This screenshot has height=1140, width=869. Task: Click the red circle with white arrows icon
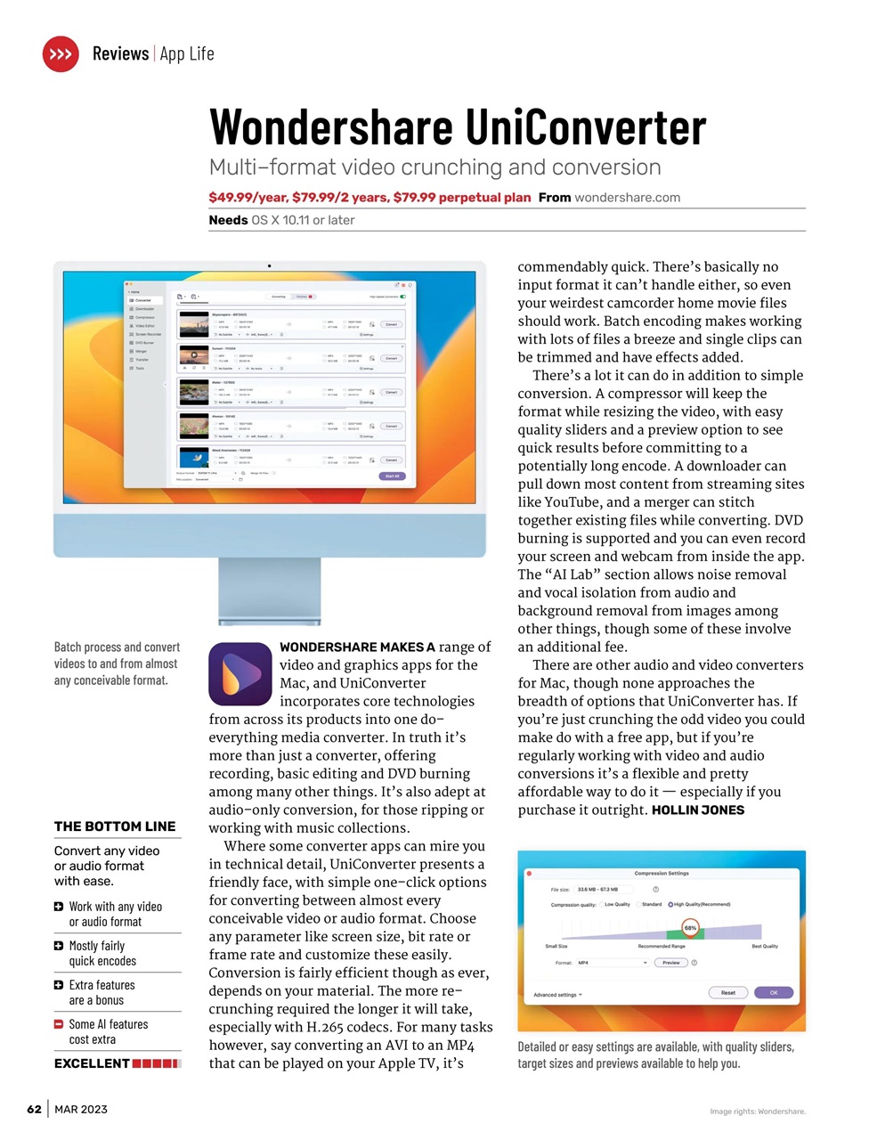[61, 54]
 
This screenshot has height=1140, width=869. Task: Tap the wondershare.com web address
[627, 198]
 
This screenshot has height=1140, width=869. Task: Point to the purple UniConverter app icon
[240, 674]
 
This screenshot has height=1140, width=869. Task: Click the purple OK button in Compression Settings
[773, 992]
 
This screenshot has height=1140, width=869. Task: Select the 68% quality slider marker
[691, 928]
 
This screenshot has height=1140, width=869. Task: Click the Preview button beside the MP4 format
[670, 963]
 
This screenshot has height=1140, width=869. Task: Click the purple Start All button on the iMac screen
[392, 476]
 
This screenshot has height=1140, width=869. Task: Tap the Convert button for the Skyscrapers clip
[391, 324]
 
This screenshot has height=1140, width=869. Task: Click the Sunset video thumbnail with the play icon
[194, 355]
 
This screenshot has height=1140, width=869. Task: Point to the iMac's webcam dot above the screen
[270, 265]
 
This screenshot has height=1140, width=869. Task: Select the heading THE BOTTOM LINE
[115, 826]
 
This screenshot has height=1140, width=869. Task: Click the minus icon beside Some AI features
[59, 1024]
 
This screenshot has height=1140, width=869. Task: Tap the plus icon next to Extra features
[59, 985]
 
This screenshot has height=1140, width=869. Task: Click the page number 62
[34, 1109]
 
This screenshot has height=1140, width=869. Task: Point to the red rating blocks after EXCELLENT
[156, 1063]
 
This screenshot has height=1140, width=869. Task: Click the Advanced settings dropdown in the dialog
[557, 995]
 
